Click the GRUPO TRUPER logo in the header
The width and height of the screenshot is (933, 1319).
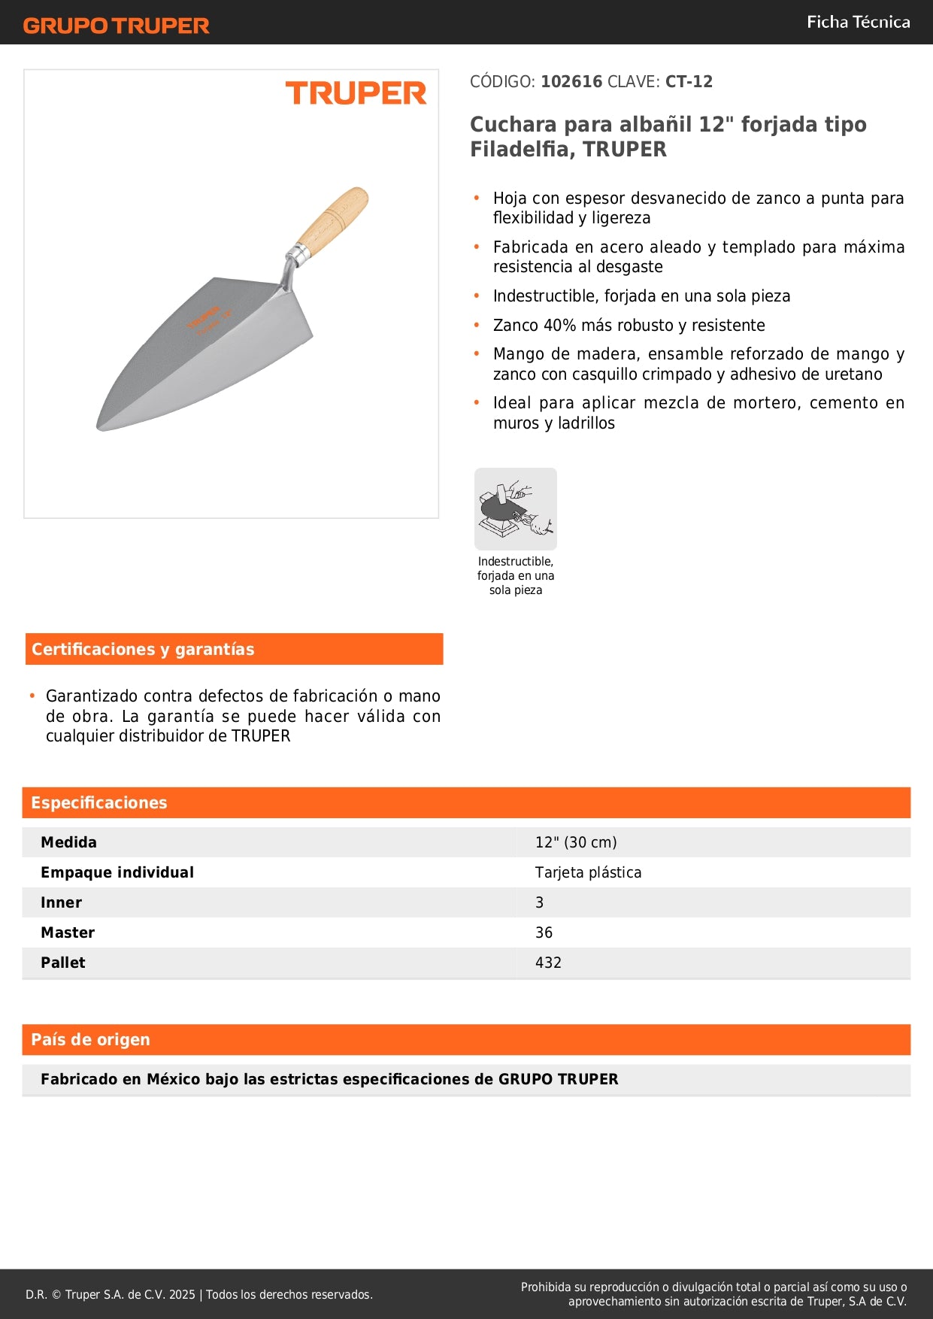coord(116,26)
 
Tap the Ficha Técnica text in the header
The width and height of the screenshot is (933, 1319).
coord(858,23)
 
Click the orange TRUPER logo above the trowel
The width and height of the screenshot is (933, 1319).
coord(356,93)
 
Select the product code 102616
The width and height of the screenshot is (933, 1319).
coord(571,82)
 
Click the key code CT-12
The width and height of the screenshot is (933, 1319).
coord(689,82)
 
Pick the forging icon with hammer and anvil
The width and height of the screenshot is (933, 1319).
coord(516,509)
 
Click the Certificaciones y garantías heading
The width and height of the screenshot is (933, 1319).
coord(143,650)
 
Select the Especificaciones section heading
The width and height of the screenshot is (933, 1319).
coord(99,803)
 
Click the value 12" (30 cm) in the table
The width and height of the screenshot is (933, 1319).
coord(576,843)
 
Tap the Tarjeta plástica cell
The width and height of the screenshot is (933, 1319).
coord(588,873)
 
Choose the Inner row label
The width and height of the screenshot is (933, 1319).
coord(62,903)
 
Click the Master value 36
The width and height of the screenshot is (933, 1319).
coord(544,933)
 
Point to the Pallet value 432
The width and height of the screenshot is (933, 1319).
coord(548,963)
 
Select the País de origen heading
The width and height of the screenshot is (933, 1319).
coord(91,1040)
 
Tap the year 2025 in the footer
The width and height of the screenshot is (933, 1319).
coord(182,1295)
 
